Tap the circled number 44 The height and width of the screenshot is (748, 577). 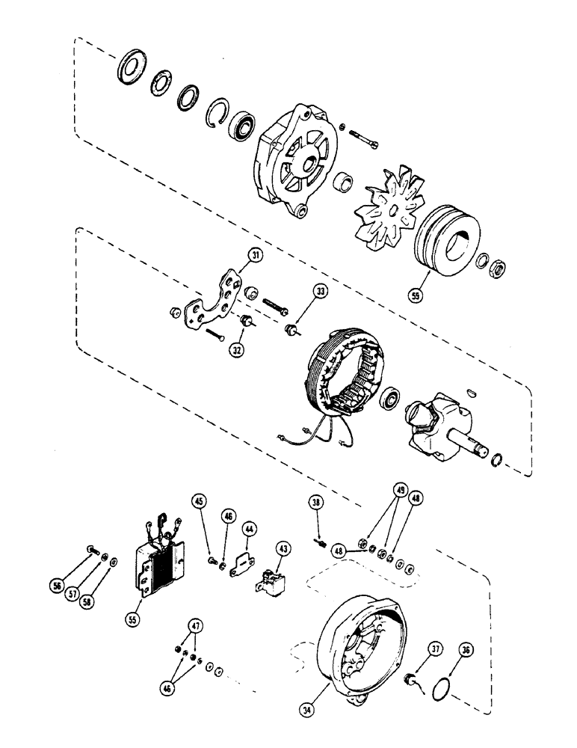(249, 529)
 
